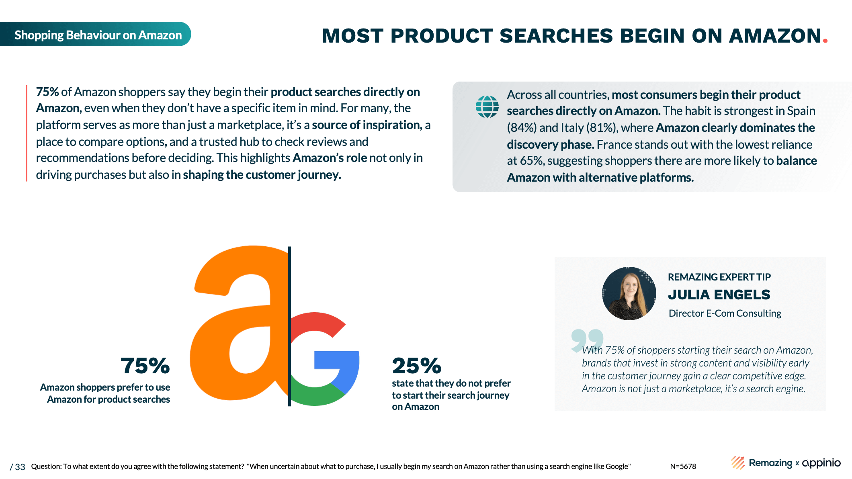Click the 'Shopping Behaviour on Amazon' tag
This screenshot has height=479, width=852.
(x=95, y=34)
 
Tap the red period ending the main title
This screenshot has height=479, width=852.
(x=825, y=40)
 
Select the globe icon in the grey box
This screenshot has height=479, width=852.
(x=487, y=106)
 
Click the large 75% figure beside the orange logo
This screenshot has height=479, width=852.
(x=145, y=366)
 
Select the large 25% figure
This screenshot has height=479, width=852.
(x=417, y=366)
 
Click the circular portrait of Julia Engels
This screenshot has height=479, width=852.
(x=629, y=293)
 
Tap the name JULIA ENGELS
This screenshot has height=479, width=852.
(x=719, y=295)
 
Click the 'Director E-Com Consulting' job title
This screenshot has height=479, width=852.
(x=725, y=313)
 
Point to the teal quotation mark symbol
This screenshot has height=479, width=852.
(x=587, y=340)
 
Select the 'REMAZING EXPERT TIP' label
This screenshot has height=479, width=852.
(x=719, y=277)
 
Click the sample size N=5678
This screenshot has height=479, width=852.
(x=683, y=466)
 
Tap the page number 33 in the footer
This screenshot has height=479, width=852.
(x=20, y=467)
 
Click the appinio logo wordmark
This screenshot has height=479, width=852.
(x=821, y=463)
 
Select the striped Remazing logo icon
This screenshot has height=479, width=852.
(x=738, y=463)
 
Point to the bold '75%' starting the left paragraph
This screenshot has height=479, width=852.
(x=47, y=92)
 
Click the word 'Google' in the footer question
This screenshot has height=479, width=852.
(x=617, y=467)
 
